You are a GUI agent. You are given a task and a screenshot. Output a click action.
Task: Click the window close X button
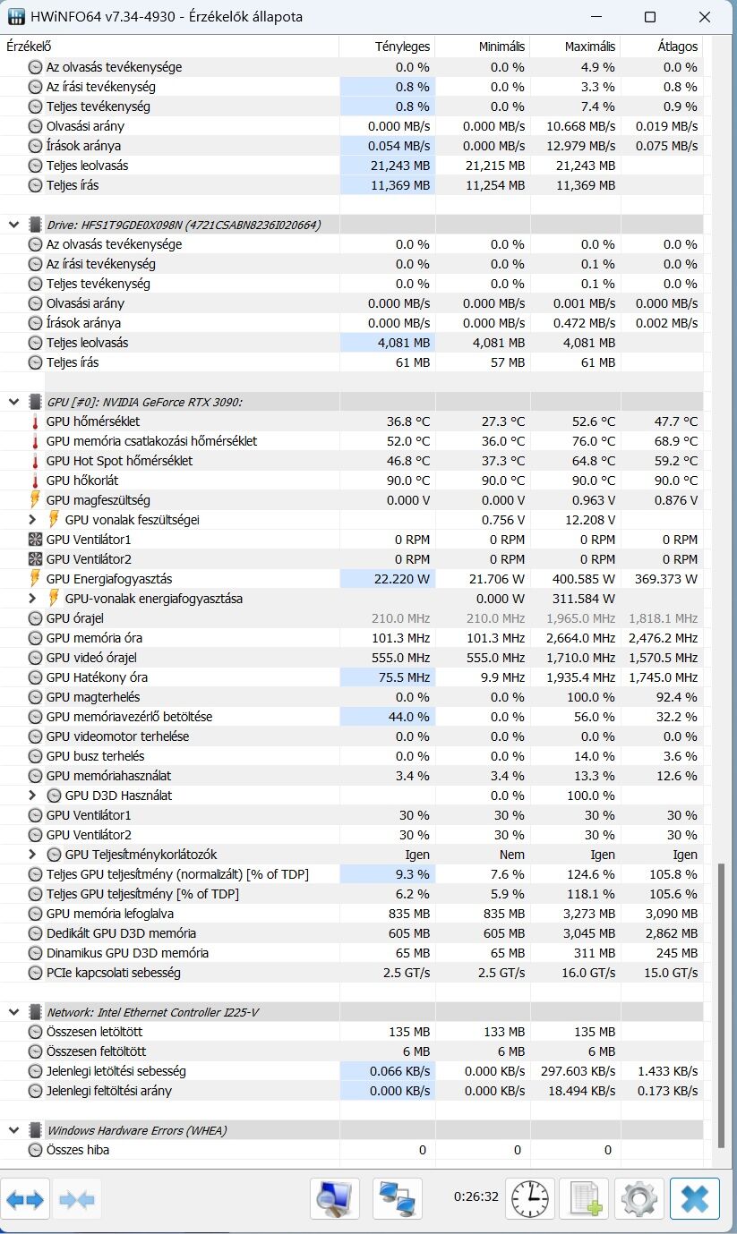pyautogui.click(x=704, y=17)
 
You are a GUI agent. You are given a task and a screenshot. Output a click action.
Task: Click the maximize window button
pyautogui.click(x=650, y=17)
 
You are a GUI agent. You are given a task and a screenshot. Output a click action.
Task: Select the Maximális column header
pyautogui.click(x=590, y=47)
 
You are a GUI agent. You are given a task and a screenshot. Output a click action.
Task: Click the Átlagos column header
pyautogui.click(x=678, y=47)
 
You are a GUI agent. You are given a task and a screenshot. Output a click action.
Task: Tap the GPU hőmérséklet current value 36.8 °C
pyautogui.click(x=408, y=421)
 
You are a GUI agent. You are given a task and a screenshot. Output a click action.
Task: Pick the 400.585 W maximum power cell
pyautogui.click(x=584, y=579)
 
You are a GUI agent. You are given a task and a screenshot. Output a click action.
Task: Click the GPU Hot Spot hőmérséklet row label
pyautogui.click(x=119, y=461)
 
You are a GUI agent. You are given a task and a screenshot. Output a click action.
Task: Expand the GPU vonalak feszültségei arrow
pyautogui.click(x=32, y=520)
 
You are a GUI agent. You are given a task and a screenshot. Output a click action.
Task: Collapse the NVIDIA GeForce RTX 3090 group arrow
pyautogui.click(x=14, y=402)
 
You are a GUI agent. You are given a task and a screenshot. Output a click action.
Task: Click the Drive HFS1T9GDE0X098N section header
pyautogui.click(x=184, y=225)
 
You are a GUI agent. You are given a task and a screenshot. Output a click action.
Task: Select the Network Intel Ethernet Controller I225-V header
pyautogui.click(x=153, y=1012)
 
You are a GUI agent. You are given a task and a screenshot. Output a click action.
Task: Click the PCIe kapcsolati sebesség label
pyautogui.click(x=113, y=973)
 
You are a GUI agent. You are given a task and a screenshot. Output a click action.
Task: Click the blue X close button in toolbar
pyautogui.click(x=695, y=1199)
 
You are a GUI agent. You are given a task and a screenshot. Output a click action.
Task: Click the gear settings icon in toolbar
pyautogui.click(x=638, y=1199)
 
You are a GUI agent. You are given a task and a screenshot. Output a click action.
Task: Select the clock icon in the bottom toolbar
pyautogui.click(x=530, y=1199)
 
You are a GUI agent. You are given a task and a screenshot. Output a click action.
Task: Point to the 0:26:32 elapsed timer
pyautogui.click(x=476, y=1196)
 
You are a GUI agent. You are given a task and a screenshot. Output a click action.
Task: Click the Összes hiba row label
pyautogui.click(x=78, y=1150)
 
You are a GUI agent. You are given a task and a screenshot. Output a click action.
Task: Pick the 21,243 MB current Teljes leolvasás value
pyautogui.click(x=400, y=166)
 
